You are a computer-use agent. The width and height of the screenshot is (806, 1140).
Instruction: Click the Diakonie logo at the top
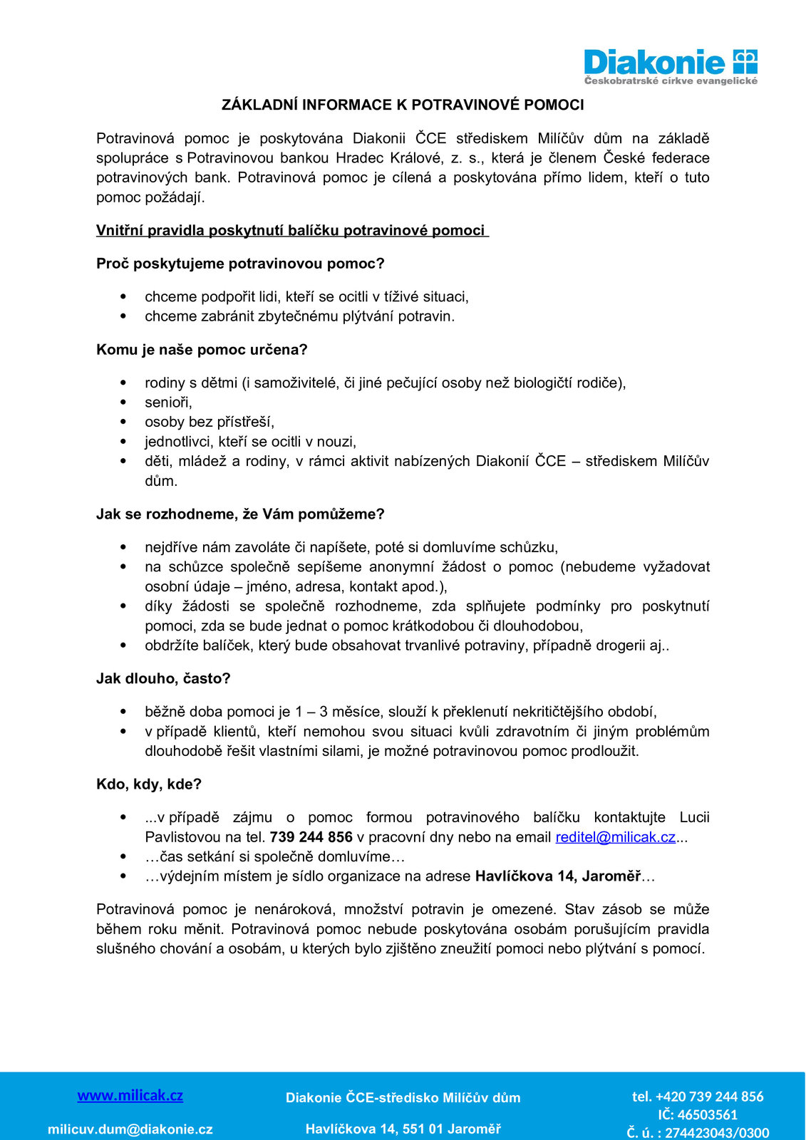pos(670,66)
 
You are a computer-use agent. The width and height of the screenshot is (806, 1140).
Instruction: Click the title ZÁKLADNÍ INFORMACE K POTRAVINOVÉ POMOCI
pos(403,105)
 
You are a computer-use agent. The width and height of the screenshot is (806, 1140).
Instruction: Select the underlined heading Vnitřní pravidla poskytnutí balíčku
pos(292,230)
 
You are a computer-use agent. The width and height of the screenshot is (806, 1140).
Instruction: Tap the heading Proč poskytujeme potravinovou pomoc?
pos(240,264)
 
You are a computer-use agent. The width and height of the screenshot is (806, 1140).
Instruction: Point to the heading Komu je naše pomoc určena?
pos(202,350)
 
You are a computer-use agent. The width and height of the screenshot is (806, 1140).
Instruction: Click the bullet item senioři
pos(168,403)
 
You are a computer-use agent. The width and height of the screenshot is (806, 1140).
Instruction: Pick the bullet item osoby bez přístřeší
pos(210,422)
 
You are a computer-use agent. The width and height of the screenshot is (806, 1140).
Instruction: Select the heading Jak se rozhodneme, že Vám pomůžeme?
pos(240,514)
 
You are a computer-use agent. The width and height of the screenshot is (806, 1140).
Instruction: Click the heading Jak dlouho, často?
pos(163,678)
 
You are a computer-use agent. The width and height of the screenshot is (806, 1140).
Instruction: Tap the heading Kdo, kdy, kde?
pos(149,784)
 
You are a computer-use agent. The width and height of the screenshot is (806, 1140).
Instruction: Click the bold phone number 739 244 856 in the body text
pos(311,837)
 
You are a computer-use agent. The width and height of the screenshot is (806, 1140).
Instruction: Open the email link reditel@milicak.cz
pos(615,837)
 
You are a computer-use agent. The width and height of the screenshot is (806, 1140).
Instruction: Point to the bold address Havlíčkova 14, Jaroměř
pos(558,876)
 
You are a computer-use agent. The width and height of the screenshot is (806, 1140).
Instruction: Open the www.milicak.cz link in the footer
pos(130,1096)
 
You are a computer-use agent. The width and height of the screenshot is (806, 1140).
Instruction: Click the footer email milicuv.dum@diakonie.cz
pos(130,1129)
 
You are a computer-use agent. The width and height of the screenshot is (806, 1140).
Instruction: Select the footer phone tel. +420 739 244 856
pos(698,1097)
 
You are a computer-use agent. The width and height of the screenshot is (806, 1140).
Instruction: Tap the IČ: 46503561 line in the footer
pos(698,1115)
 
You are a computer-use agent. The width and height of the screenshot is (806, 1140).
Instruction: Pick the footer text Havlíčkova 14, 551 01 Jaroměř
pos(403,1129)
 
